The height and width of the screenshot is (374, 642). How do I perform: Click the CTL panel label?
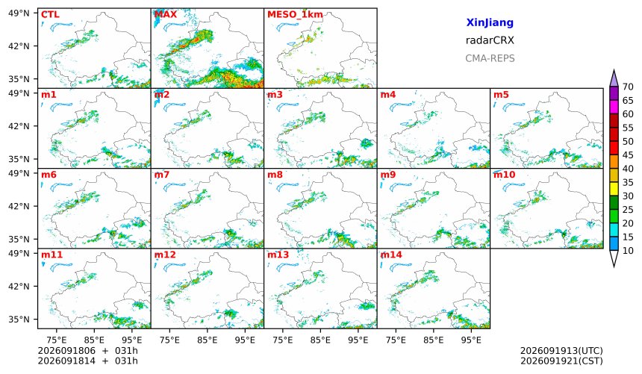click(x=50, y=15)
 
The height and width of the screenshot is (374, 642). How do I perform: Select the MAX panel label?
click(x=166, y=15)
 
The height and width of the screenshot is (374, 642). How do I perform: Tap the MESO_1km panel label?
click(x=295, y=15)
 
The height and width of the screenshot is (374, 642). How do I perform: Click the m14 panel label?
click(x=391, y=255)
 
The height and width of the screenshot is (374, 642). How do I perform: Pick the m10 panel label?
click(x=504, y=175)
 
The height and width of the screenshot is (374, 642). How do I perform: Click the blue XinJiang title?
click(x=490, y=22)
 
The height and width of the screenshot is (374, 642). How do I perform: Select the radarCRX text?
click(x=490, y=40)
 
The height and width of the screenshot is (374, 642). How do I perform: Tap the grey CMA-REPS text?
click(x=490, y=58)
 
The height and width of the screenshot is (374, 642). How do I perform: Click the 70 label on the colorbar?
click(x=628, y=87)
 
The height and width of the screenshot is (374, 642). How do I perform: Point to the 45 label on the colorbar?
click(x=628, y=155)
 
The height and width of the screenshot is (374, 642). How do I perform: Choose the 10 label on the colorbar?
click(x=628, y=251)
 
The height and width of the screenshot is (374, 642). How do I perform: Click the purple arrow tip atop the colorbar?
click(x=614, y=70)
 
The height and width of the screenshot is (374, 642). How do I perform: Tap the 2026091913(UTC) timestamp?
click(x=561, y=351)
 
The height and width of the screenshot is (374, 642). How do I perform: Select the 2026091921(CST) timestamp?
click(x=561, y=361)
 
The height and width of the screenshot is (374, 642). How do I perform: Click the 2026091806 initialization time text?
click(x=66, y=351)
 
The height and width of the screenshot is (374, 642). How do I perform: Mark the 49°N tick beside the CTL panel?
click(x=19, y=13)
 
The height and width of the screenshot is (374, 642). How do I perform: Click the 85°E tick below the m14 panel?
click(x=433, y=340)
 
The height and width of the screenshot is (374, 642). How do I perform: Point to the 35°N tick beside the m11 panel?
click(x=19, y=319)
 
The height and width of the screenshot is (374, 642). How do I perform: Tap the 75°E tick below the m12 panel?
click(x=169, y=340)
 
